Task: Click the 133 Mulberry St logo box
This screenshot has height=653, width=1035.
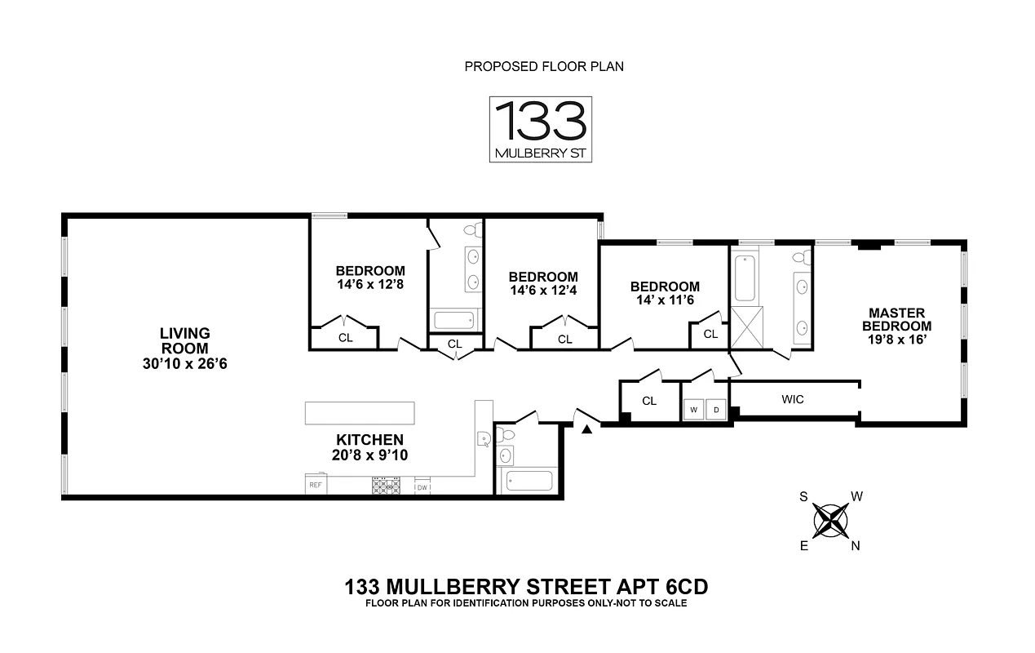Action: pyautogui.click(x=540, y=129)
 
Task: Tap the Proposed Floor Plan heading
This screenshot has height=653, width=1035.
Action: pyautogui.click(x=544, y=66)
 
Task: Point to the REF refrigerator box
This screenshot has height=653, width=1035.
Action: pyautogui.click(x=315, y=486)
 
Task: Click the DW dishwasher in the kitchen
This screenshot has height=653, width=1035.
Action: pyautogui.click(x=422, y=487)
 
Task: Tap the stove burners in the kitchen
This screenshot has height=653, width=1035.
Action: pyautogui.click(x=386, y=486)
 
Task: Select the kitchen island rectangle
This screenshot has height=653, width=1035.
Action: pyautogui.click(x=359, y=413)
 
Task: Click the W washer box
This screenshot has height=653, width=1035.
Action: pyautogui.click(x=694, y=409)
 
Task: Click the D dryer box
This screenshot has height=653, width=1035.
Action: pyautogui.click(x=717, y=409)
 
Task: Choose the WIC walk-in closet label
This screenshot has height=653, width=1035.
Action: pyautogui.click(x=793, y=399)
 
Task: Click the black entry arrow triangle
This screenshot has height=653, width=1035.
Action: pyautogui.click(x=586, y=429)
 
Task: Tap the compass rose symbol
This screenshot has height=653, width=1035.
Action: pyautogui.click(x=830, y=520)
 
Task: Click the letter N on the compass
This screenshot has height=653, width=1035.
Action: pyautogui.click(x=856, y=546)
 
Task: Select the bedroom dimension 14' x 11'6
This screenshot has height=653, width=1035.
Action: pyautogui.click(x=665, y=300)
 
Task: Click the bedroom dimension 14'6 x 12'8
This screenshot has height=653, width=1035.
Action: pyautogui.click(x=369, y=285)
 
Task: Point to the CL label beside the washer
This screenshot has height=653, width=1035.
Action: pyautogui.click(x=649, y=401)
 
